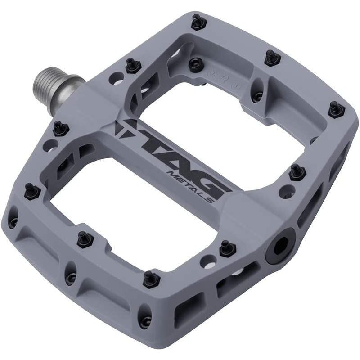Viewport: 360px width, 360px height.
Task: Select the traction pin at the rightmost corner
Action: tap(337, 110)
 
